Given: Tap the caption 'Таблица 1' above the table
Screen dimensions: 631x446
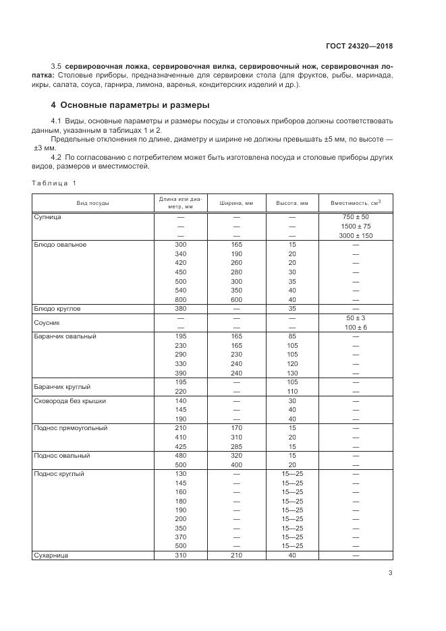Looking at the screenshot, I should pos(55,183).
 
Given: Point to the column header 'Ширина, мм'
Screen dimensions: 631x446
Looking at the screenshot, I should pos(236,203).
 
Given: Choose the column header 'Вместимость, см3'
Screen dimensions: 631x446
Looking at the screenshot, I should pos(356,203).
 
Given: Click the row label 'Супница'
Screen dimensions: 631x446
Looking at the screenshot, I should pos(48,217).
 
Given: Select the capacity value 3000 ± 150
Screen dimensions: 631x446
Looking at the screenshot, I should pos(356,235).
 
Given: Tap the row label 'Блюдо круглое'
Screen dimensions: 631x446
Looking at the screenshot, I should pos(57,308).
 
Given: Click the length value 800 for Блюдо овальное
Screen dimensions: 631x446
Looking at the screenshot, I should pos(180,299).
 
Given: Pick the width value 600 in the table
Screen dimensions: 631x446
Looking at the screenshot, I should pos(236,299).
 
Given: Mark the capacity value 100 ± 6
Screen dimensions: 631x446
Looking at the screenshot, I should pos(356,327).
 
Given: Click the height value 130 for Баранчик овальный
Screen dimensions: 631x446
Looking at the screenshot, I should pos(292,373).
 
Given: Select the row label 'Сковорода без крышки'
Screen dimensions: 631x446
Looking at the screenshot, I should pos(69,400).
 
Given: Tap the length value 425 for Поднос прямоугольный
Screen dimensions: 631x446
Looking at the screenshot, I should pos(180,446).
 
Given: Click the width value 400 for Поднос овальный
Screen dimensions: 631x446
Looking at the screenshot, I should pos(236,464).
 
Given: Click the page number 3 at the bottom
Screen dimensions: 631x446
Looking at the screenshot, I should pos(390,574).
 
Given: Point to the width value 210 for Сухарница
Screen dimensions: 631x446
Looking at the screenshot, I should pos(236,555).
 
